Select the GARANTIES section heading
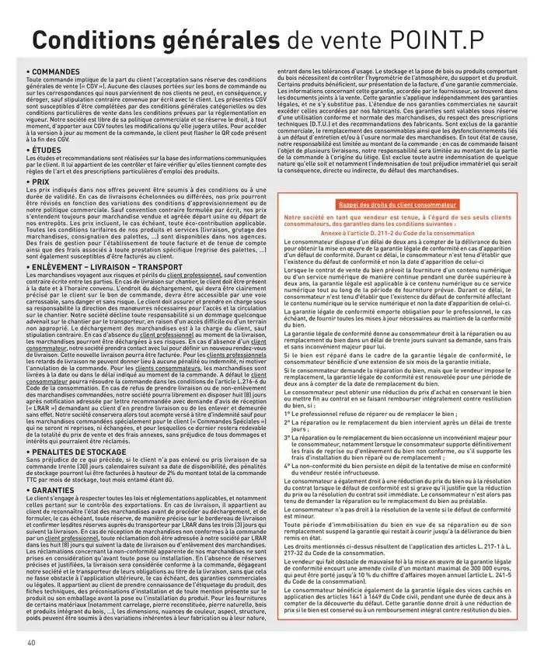pyautogui.click(x=54, y=491)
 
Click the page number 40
pyautogui.click(x=31, y=642)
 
